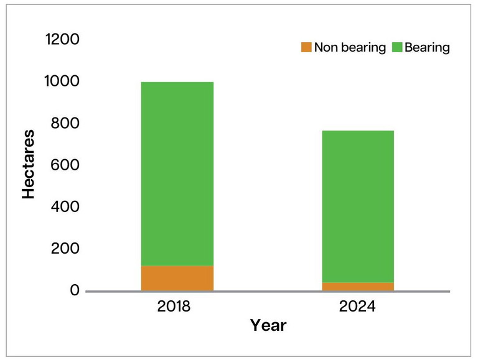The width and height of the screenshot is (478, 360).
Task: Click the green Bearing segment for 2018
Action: tap(177, 174)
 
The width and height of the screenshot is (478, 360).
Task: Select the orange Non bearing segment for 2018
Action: tap(177, 278)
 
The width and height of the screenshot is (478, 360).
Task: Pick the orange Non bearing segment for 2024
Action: tap(358, 287)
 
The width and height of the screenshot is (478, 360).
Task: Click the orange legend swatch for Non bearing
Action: tap(306, 48)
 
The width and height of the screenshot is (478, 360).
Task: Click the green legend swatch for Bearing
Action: tap(396, 48)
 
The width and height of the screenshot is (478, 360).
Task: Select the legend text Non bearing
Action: tap(350, 48)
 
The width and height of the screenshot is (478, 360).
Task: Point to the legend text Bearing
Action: tap(427, 48)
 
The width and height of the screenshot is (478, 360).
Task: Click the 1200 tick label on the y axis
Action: tap(63, 40)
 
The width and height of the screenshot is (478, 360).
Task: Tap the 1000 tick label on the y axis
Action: tap(63, 81)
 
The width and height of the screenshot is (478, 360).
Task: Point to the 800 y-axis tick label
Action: tap(67, 123)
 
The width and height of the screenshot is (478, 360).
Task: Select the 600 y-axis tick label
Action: tap(67, 165)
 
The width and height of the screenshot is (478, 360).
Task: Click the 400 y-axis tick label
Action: tap(67, 206)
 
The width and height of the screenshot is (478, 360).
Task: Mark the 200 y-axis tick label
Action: tap(67, 249)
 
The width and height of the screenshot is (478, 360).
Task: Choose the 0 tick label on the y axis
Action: tap(75, 290)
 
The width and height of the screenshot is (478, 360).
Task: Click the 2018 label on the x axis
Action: tap(177, 307)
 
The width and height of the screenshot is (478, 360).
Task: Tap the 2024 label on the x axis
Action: tap(358, 307)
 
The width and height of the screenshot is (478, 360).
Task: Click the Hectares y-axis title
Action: tap(29, 164)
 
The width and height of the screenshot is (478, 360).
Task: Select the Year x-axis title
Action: tap(268, 325)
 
